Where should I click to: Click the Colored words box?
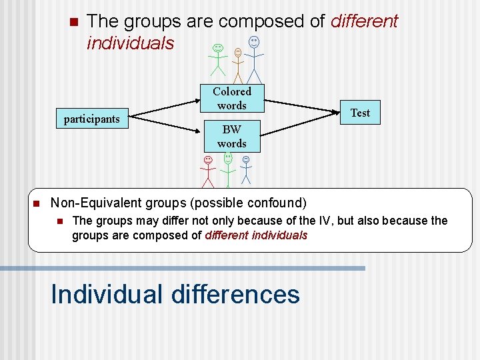[231, 99]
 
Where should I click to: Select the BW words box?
[231, 136]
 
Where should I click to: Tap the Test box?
[360, 113]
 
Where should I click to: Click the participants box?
[91, 119]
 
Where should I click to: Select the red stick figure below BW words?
[208, 172]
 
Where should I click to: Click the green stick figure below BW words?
[228, 170]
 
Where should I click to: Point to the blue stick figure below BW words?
[246, 171]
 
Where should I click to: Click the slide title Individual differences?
[175, 294]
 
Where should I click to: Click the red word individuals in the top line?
[130, 43]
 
